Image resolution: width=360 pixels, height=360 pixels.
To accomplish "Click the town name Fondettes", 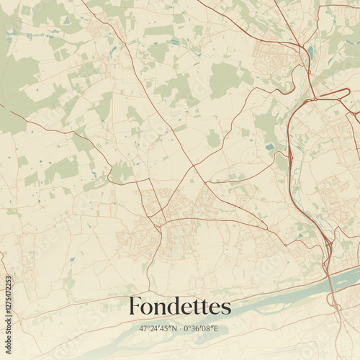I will tap(180, 307).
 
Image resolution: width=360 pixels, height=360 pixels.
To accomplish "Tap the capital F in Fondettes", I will tap(135, 307).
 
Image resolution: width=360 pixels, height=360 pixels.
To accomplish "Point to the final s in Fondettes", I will tap(226, 309).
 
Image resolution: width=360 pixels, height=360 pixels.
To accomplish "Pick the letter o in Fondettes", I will tap(147, 309).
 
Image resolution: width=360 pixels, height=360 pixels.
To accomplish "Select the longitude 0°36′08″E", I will tap(202, 328).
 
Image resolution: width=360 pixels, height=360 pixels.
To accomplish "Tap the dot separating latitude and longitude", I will tap(180, 328).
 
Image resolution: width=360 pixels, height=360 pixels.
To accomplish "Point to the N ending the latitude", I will tap(174, 328).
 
